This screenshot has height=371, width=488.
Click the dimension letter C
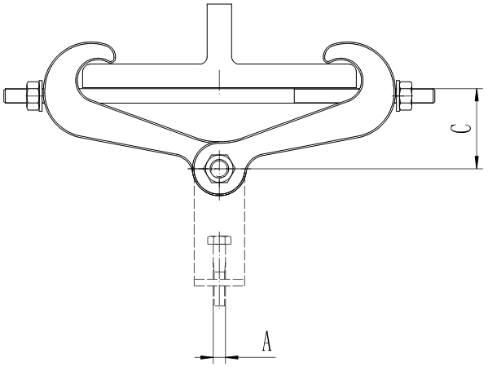(x=460, y=129)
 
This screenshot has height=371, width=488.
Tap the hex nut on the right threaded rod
(x=403, y=95)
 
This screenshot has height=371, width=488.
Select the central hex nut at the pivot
(x=218, y=169)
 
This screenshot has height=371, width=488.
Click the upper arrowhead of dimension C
(x=474, y=91)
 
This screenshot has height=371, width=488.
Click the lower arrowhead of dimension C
(x=474, y=165)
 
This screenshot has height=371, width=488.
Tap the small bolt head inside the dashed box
(x=218, y=242)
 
